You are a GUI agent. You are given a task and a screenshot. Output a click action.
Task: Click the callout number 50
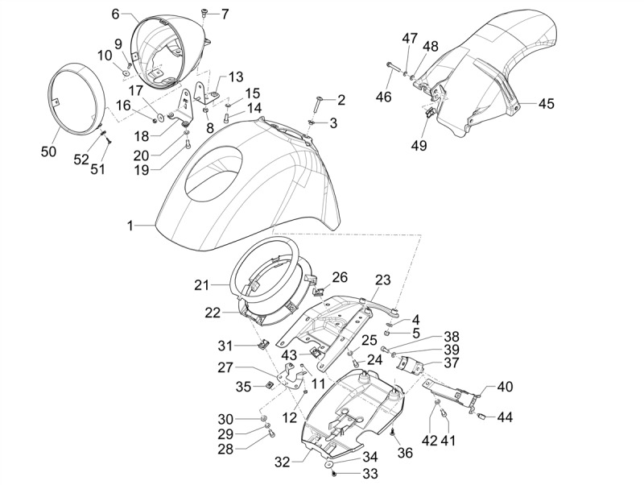coord(49,151)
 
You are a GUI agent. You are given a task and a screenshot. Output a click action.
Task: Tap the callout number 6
coord(115,14)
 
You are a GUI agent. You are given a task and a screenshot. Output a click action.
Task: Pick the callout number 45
coord(547,104)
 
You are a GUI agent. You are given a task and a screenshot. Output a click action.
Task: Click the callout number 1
coord(129,226)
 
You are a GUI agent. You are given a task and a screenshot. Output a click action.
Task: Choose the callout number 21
coord(201,284)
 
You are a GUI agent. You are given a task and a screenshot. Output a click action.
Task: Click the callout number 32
coord(281,463)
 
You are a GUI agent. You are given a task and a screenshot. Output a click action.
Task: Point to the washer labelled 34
coord(330,465)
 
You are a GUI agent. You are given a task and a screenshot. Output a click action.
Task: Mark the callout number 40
coord(505,387)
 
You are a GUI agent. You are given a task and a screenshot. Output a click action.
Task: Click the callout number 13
coord(235,77)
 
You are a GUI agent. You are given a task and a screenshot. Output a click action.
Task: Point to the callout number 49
coord(419,145)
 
